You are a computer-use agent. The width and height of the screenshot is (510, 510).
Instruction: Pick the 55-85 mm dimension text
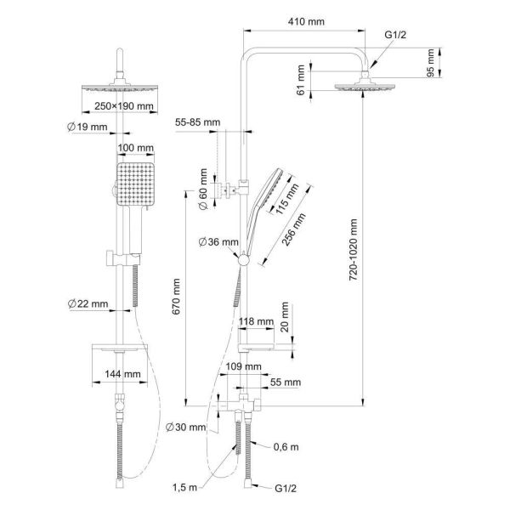(x=197, y=122)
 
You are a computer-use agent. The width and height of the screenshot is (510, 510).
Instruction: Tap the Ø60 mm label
(x=204, y=184)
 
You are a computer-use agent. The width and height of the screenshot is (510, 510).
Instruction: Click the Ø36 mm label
(x=216, y=241)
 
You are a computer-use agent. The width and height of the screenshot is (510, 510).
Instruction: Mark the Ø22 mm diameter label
(x=87, y=303)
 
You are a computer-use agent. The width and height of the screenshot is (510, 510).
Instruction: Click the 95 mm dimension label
(x=431, y=63)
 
